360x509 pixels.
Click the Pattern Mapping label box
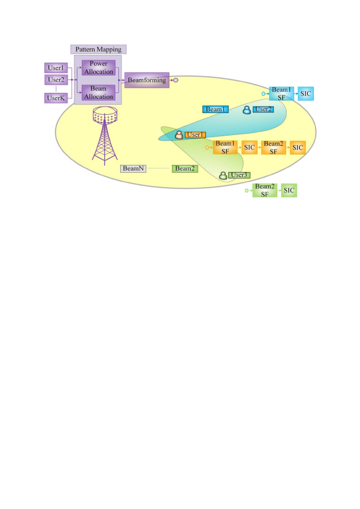[x=99, y=49]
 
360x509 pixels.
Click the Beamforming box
[x=146, y=79]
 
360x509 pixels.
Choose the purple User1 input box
[x=55, y=67]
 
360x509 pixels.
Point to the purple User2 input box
[x=55, y=79]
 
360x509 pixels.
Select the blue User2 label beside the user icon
[x=262, y=109]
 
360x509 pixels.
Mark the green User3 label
[x=239, y=175]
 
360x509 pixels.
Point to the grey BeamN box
[x=131, y=169]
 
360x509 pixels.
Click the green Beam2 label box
[x=184, y=169]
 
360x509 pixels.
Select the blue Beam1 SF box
[x=282, y=92]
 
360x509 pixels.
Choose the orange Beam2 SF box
[x=272, y=147]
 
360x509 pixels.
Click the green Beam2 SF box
[x=264, y=190]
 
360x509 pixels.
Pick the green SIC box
[x=288, y=190]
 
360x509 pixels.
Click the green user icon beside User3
[x=223, y=175]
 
